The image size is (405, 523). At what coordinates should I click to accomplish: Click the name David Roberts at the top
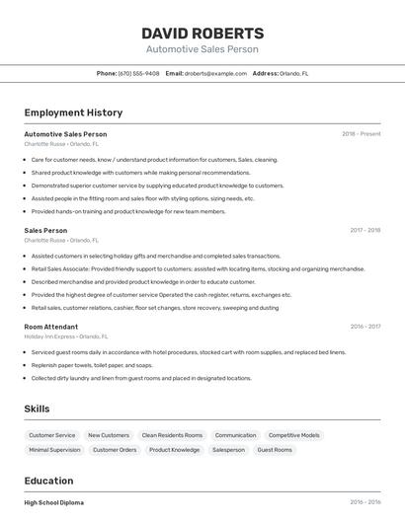(x=202, y=33)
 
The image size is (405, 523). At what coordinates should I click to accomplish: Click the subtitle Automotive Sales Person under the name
(x=202, y=49)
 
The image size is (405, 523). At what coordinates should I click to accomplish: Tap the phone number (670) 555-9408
(x=138, y=73)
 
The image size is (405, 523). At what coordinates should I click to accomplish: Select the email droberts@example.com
(x=214, y=73)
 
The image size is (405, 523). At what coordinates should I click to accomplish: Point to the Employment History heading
(x=73, y=112)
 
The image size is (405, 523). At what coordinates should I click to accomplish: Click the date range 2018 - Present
(x=361, y=134)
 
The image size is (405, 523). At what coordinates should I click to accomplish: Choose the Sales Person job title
(x=45, y=230)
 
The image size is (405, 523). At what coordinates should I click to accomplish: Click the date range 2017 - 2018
(x=364, y=230)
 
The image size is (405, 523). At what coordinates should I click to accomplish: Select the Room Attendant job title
(x=50, y=326)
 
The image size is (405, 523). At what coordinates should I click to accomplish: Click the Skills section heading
(x=37, y=409)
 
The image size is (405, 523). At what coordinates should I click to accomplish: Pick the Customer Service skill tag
(x=51, y=435)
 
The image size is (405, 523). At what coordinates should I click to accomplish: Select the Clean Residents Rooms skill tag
(x=172, y=435)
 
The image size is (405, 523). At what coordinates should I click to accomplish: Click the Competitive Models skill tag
(x=293, y=435)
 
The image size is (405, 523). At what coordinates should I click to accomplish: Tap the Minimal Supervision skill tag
(x=54, y=450)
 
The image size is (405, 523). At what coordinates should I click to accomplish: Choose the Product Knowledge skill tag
(x=174, y=450)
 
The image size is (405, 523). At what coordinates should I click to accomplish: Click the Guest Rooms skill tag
(x=275, y=450)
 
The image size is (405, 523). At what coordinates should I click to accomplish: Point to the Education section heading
(x=49, y=481)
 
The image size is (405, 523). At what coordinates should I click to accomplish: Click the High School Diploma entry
(x=53, y=502)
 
